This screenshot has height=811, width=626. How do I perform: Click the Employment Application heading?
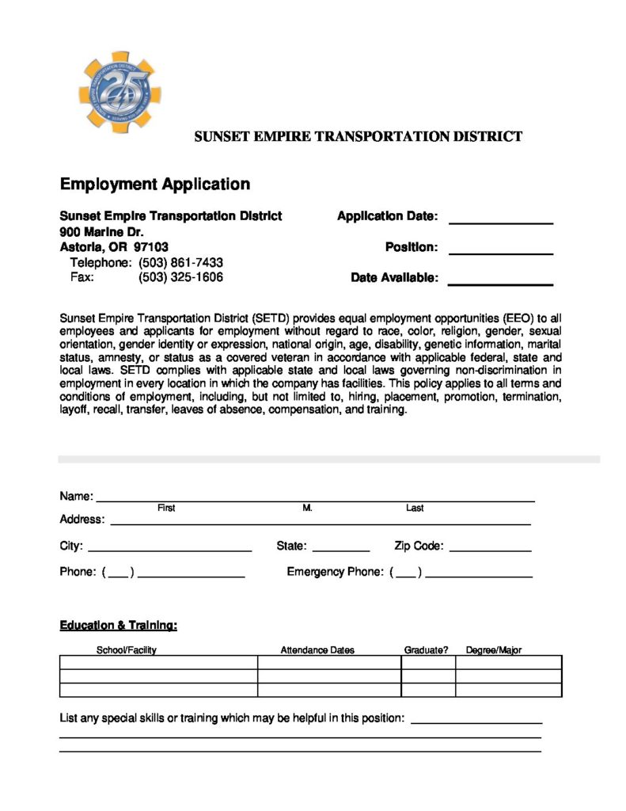click(155, 185)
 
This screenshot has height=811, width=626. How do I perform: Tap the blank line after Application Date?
click(500, 222)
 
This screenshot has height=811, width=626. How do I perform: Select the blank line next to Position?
click(500, 252)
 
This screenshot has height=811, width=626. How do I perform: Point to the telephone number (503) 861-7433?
click(180, 263)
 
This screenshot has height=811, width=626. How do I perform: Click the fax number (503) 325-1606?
click(180, 278)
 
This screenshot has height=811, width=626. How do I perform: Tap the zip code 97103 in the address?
click(150, 247)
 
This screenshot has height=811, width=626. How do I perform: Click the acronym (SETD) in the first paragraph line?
click(270, 318)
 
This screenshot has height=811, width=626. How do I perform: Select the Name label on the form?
click(76, 497)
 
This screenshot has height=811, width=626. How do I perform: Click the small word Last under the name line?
click(415, 508)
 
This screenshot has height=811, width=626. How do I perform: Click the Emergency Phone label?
click(335, 572)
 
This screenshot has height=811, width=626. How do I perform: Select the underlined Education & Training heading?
click(119, 626)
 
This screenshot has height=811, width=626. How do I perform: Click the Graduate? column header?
click(427, 650)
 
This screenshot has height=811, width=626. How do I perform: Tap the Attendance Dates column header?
click(317, 650)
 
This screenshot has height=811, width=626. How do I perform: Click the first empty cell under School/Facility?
click(158, 662)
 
